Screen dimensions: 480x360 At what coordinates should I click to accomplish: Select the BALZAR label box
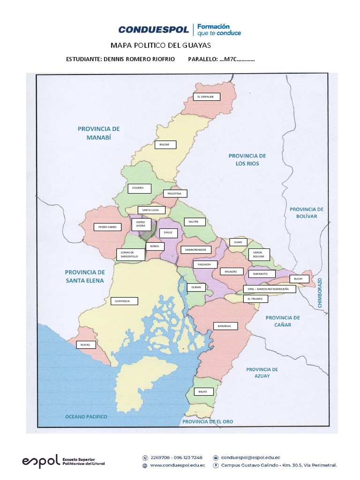tap(165, 144)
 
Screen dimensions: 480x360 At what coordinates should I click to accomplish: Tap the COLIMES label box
tap(140, 188)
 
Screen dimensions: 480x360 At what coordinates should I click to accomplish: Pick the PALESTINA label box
tap(175, 193)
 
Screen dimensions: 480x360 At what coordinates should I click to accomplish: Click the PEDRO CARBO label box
tap(107, 227)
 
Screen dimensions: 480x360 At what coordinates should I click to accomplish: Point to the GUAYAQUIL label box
tap(124, 301)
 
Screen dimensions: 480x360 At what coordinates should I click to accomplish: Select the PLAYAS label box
tap(86, 345)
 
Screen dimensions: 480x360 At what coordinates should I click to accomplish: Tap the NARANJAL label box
tap(225, 326)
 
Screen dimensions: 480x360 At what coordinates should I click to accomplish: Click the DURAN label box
tap(196, 287)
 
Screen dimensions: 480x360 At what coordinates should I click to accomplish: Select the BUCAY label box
tap(299, 278)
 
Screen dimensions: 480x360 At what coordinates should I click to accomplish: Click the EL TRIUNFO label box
tap(255, 299)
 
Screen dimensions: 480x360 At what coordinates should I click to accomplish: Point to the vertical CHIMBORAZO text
tap(321, 292)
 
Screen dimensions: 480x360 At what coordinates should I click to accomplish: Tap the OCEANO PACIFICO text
tap(86, 416)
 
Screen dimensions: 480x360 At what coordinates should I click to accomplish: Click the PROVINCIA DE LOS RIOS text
tap(247, 160)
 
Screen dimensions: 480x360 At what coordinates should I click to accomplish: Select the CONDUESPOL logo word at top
tap(153, 30)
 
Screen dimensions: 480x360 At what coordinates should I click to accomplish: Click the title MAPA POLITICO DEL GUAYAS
tap(161, 45)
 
